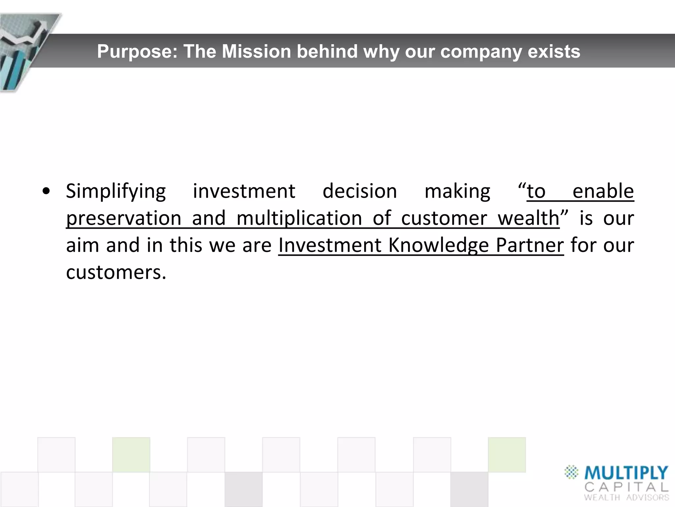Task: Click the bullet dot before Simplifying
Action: click(46, 191)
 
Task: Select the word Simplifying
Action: click(116, 191)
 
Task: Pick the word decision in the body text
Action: click(360, 191)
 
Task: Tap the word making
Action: click(457, 191)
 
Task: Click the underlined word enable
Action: click(603, 191)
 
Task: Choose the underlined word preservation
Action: click(124, 219)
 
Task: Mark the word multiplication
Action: click(299, 219)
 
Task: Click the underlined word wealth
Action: click(528, 219)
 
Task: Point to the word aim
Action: click(82, 246)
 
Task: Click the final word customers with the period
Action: click(116, 273)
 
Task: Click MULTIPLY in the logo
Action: click(626, 473)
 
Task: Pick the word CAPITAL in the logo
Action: click(626, 487)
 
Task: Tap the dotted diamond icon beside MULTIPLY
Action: click(572, 472)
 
